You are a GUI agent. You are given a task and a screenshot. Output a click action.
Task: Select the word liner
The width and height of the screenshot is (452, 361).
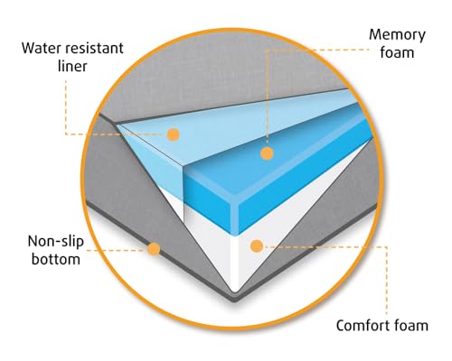[x=72, y=66]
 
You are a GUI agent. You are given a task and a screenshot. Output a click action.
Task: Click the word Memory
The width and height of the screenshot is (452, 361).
[x=397, y=36]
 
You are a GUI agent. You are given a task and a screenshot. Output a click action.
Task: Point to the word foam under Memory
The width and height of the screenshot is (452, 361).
[x=397, y=52]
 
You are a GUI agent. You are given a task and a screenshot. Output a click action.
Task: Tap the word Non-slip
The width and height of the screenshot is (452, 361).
[x=56, y=242]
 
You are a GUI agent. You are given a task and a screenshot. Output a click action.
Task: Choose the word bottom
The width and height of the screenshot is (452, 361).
[x=56, y=259]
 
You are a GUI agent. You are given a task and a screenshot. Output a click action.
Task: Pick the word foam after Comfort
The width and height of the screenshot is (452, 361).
[x=411, y=326]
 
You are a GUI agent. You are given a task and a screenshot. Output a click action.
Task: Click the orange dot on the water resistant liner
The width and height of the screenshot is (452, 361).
[x=174, y=134]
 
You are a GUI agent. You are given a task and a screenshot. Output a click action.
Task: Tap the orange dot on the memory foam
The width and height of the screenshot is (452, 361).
[x=267, y=153]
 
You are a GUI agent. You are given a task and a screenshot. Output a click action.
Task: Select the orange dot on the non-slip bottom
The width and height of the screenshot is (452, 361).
[x=154, y=249]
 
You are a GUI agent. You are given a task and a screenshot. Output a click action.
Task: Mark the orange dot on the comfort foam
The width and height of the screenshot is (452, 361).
[x=257, y=246]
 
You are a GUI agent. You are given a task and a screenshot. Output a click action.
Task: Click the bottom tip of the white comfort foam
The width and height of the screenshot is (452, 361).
[x=234, y=292]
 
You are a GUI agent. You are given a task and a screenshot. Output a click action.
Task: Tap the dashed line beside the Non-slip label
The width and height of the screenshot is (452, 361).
[x=117, y=250]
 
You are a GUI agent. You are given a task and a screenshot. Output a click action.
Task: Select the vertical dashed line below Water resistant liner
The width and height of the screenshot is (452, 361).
[x=66, y=107]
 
